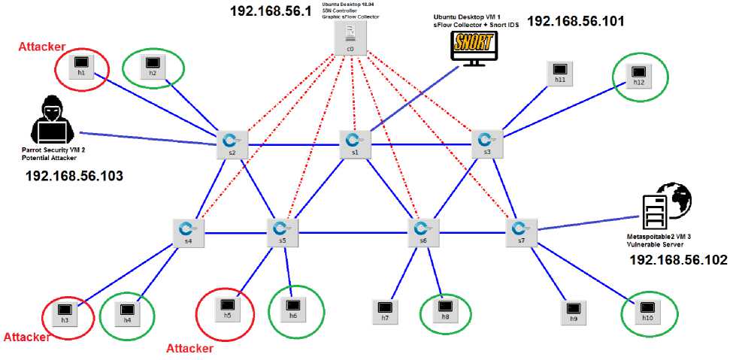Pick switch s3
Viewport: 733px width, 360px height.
485,141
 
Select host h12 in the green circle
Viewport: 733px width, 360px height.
638,73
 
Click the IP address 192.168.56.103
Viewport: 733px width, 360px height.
74,176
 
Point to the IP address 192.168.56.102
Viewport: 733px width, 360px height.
678,260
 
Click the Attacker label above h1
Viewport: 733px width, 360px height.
41,47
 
